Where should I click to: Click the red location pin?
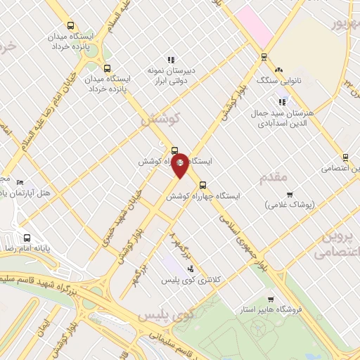180,165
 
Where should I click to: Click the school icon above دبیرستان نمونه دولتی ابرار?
170,60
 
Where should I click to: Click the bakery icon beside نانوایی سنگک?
279,70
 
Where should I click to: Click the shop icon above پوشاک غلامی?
289,194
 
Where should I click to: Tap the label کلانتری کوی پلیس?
216,280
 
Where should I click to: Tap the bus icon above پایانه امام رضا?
27,238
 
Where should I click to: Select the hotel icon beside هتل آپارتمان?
20,183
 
